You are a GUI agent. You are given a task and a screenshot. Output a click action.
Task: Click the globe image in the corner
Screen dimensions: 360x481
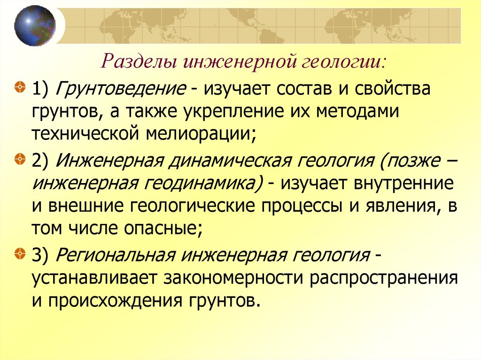pos(35,25)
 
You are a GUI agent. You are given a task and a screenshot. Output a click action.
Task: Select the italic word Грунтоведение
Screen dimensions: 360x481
pos(121,89)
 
